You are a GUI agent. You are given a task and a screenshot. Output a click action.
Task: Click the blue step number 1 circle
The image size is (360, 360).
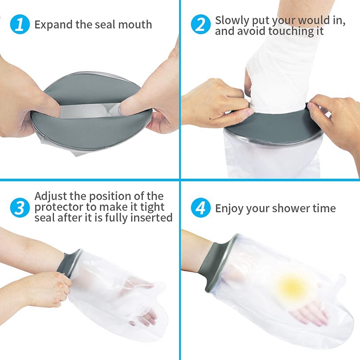(20, 24)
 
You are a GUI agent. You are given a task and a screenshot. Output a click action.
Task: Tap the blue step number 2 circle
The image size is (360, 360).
(201, 24)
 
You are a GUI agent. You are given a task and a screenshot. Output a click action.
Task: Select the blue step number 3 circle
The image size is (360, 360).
(20, 207)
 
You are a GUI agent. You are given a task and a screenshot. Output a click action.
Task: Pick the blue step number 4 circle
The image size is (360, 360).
(201, 207)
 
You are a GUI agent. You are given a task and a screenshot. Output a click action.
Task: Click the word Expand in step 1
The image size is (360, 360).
(54, 25)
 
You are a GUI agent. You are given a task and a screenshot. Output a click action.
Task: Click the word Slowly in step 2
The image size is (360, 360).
(232, 21)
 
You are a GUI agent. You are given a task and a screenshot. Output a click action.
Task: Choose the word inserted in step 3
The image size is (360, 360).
(151, 218)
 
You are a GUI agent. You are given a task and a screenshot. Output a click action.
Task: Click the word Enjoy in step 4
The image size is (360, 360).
(229, 209)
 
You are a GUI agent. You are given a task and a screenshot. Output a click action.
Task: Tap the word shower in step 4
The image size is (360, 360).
(290, 208)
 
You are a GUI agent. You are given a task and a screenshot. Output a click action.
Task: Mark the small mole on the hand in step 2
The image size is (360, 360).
(211, 118)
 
